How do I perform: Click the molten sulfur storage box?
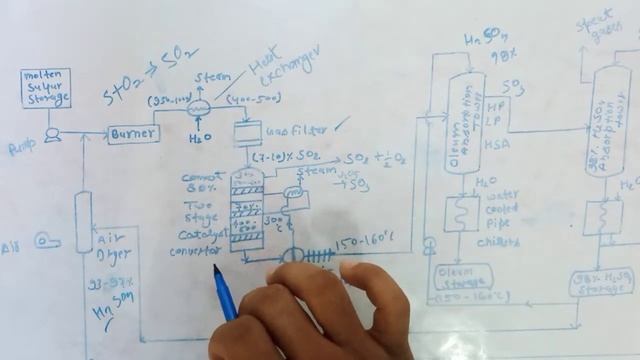pos(47,88)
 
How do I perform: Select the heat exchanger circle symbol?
pos(196,111)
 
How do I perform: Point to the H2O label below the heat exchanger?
pos(197,139)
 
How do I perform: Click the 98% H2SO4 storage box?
pos(601,282)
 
